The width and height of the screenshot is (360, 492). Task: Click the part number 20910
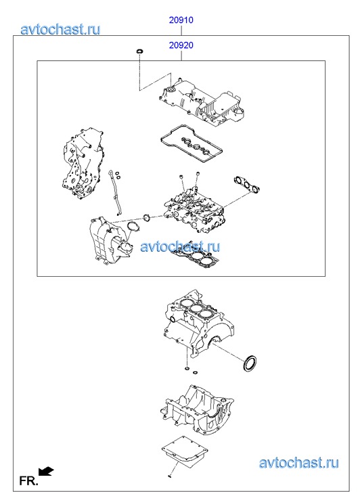[181, 20]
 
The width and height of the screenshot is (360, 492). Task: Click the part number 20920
[181, 45]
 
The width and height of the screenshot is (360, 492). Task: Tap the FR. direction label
[28, 480]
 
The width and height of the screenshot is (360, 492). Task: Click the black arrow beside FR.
[46, 471]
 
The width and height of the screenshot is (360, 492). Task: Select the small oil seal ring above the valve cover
[139, 51]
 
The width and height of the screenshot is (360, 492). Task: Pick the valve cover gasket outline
[192, 143]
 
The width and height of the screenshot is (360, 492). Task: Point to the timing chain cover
[83, 162]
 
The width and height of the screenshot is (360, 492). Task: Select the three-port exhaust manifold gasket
[246, 185]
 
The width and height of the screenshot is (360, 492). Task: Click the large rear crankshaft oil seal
[250, 363]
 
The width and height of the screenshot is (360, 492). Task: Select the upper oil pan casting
[197, 410]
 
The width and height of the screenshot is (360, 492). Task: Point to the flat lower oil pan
[185, 451]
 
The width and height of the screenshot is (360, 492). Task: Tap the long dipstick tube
[114, 192]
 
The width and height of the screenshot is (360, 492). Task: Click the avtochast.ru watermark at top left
[61, 30]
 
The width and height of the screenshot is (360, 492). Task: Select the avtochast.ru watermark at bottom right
[299, 463]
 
